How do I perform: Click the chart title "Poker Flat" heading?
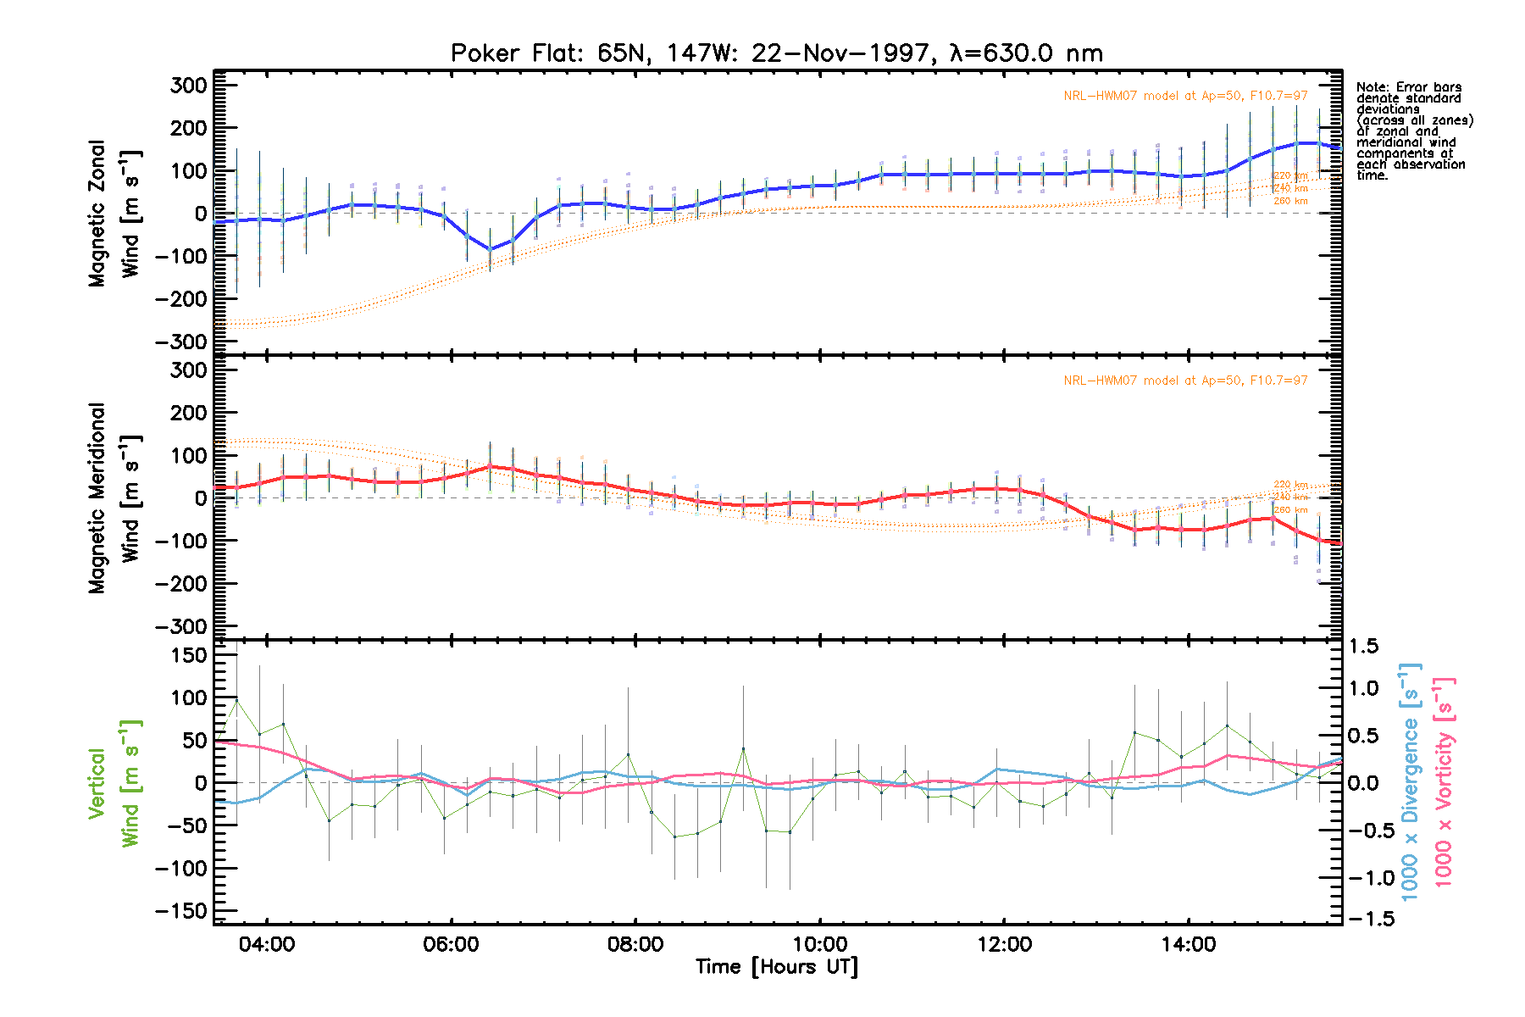pyautogui.click(x=776, y=53)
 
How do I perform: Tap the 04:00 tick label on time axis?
pyautogui.click(x=267, y=944)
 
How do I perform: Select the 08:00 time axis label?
pyautogui.click(x=635, y=944)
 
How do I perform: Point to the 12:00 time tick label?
pyautogui.click(x=1004, y=944)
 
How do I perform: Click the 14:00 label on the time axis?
pyautogui.click(x=1188, y=944)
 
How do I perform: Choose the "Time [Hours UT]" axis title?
pyautogui.click(x=776, y=967)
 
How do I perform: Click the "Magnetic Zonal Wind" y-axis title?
pyautogui.click(x=114, y=214)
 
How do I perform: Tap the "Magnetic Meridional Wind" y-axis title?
pyautogui.click(x=114, y=498)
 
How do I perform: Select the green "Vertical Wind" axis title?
pyautogui.click(x=114, y=783)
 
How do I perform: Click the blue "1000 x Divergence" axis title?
pyautogui.click(x=1410, y=781)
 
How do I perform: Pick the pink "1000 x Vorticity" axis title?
pyautogui.click(x=1443, y=781)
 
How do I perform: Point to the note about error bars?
pyautogui.click(x=1413, y=131)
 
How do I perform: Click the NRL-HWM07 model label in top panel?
pyautogui.click(x=1185, y=96)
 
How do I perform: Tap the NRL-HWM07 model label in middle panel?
pyautogui.click(x=1185, y=381)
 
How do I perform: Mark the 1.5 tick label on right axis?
pyautogui.click(x=1364, y=647)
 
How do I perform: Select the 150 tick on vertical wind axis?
pyautogui.click(x=189, y=655)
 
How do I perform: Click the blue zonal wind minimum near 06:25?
pyautogui.click(x=490, y=249)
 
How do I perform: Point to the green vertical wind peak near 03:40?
pyautogui.click(x=236, y=700)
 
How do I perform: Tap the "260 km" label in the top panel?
pyautogui.click(x=1290, y=201)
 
